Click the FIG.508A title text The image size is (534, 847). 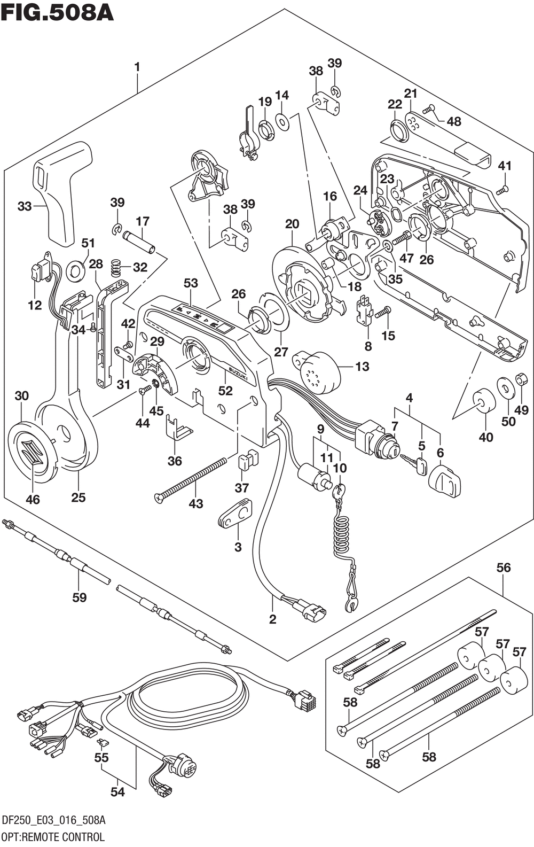[x=57, y=12]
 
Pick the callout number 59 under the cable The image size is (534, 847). [x=79, y=597]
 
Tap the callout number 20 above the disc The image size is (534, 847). [x=292, y=224]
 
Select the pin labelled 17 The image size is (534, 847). [x=138, y=242]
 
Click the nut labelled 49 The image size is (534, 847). [x=520, y=381]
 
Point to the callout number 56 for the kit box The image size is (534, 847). [x=504, y=568]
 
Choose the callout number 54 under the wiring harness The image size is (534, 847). [x=117, y=791]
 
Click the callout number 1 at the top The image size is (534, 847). [x=137, y=67]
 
